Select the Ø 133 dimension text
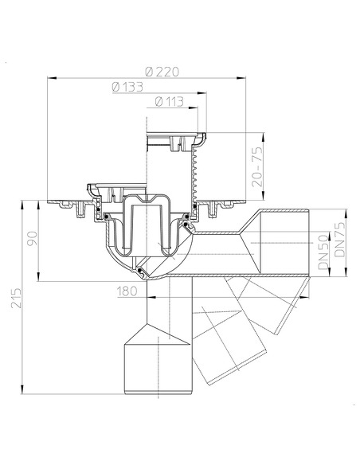point(127,87)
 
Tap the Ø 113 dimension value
point(170,101)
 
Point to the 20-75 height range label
point(256,165)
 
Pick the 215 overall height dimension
point(9,300)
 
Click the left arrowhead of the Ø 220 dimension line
point(51,78)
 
